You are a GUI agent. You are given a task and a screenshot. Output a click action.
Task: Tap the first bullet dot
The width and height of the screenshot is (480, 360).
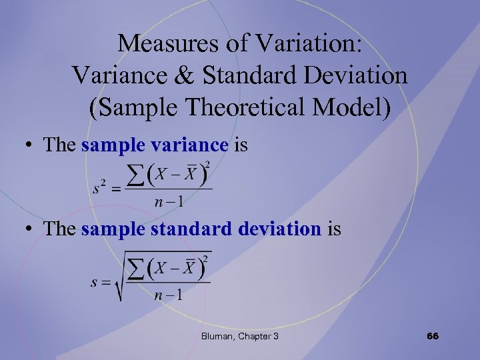click(x=31, y=145)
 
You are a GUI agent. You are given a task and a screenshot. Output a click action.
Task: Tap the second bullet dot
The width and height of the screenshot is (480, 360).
click(x=31, y=230)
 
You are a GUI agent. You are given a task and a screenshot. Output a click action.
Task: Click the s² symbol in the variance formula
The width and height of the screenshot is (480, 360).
click(x=100, y=189)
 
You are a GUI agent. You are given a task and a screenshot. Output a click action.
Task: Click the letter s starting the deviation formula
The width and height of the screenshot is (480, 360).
click(x=95, y=283)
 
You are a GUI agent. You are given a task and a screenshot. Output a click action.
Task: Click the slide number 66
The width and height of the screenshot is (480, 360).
click(x=432, y=336)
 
